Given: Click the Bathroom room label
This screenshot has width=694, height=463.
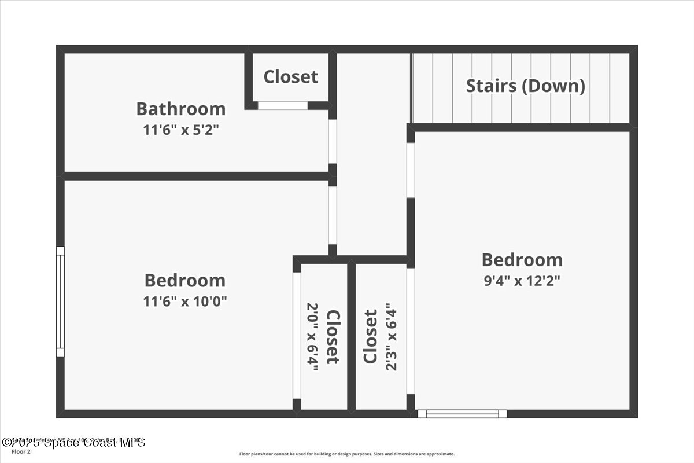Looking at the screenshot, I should [x=180, y=108].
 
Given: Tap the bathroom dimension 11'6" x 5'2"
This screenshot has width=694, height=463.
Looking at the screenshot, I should [x=180, y=130].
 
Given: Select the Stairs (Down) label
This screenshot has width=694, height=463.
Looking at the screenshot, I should [x=525, y=86].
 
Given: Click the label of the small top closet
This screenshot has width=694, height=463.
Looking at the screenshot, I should [x=290, y=76].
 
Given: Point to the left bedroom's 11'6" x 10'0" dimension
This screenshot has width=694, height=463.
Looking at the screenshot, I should [x=184, y=301].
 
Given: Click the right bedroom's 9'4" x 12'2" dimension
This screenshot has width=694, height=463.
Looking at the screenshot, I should [x=522, y=281].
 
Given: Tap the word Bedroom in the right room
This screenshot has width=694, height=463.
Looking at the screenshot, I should [x=522, y=259].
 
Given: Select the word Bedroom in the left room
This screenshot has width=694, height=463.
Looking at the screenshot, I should [x=184, y=280].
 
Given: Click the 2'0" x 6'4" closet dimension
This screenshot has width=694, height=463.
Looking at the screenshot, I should [x=312, y=336].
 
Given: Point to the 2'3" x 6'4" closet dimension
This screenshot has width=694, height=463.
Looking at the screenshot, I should [x=392, y=336].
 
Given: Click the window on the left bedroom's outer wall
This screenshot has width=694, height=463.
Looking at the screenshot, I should [x=60, y=301].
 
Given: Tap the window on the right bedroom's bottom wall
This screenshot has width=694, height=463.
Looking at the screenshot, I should [x=462, y=414].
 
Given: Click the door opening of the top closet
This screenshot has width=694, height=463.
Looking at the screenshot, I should [x=282, y=105].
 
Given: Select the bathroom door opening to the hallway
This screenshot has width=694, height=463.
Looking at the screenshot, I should [x=333, y=141].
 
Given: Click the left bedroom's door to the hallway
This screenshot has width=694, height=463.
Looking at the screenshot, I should [x=333, y=215].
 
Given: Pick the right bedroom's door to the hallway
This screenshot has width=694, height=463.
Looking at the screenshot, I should [x=410, y=170].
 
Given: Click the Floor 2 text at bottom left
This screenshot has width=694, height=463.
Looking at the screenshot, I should [x=21, y=452].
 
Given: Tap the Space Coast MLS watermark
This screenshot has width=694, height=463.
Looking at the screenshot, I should [x=74, y=443].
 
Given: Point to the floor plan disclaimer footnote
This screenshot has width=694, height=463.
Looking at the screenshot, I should [x=346, y=454].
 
